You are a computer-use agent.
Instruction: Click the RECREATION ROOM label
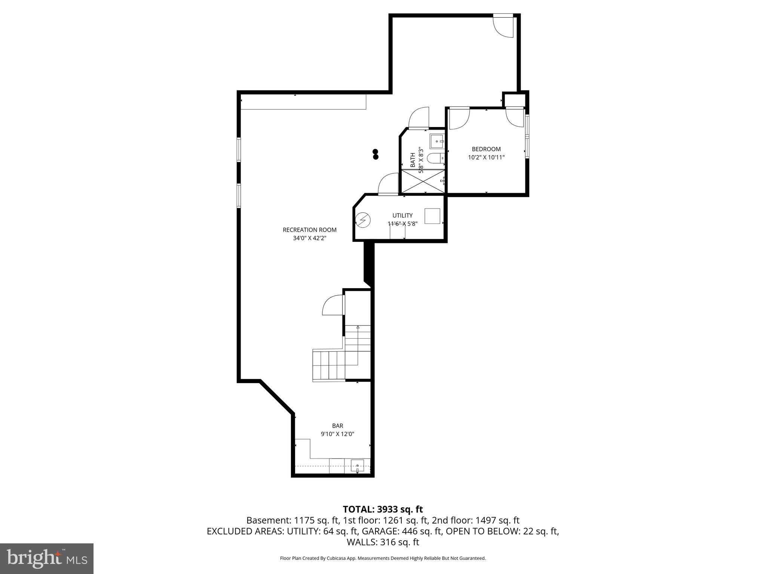(309, 230)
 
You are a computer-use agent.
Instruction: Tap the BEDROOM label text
(486, 149)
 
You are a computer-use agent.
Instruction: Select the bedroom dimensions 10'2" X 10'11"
(486, 157)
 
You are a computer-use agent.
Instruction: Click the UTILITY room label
(402, 215)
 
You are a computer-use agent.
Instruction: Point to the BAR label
(337, 426)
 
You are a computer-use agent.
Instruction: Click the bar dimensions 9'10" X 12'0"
(337, 434)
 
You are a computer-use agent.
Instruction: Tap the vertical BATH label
(413, 160)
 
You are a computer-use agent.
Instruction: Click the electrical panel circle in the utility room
(362, 220)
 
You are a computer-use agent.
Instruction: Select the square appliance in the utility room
(432, 216)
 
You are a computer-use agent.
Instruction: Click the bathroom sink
(437, 142)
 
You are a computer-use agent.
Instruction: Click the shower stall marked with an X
(423, 181)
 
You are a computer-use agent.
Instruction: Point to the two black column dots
(376, 154)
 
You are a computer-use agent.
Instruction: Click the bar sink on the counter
(357, 466)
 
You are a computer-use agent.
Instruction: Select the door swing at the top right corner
(503, 26)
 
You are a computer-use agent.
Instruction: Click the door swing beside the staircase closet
(333, 305)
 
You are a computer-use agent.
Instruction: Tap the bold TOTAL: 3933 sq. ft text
(383, 509)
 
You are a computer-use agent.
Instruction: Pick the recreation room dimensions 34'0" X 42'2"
(309, 238)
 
